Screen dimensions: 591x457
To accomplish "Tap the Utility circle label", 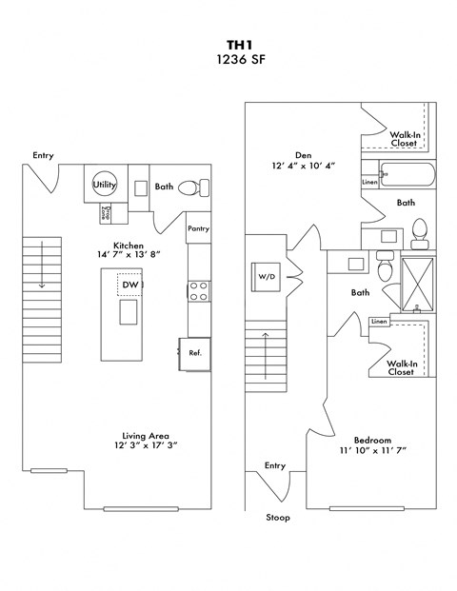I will tap(105, 186).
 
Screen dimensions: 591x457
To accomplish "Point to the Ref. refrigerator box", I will tap(195, 353).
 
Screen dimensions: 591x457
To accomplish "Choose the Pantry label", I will tap(198, 228).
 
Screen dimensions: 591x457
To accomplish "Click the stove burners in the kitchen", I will tap(199, 290).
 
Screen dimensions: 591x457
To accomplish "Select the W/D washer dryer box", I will tap(266, 277).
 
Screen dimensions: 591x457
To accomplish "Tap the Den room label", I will tap(303, 154).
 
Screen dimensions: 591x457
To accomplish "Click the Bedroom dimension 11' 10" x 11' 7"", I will tap(372, 452).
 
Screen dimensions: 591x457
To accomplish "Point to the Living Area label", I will tap(146, 436).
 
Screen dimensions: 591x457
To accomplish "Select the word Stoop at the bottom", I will tap(277, 518).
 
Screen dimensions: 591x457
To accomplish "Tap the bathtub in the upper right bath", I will tap(407, 175).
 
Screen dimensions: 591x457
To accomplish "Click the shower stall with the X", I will tap(417, 283).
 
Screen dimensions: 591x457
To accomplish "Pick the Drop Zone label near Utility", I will tap(108, 213).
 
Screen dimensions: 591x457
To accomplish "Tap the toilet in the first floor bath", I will tap(187, 187).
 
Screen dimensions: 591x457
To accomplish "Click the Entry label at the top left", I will tap(43, 155).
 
